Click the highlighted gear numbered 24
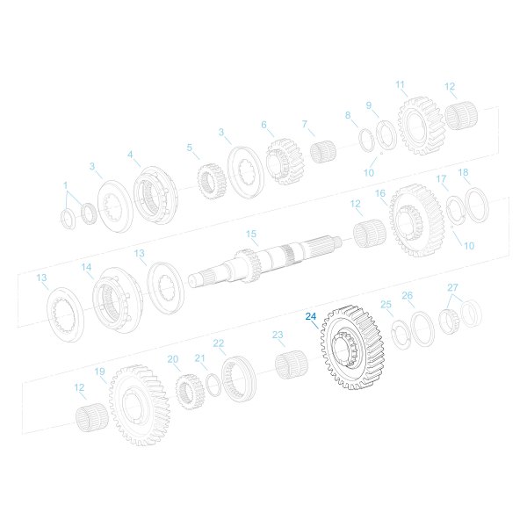355,352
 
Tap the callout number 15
251,234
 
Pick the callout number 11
401,85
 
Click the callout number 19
100,372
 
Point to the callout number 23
278,336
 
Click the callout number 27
452,287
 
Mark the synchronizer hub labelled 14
117,299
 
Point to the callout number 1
65,185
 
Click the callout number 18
464,173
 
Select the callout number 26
407,296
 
